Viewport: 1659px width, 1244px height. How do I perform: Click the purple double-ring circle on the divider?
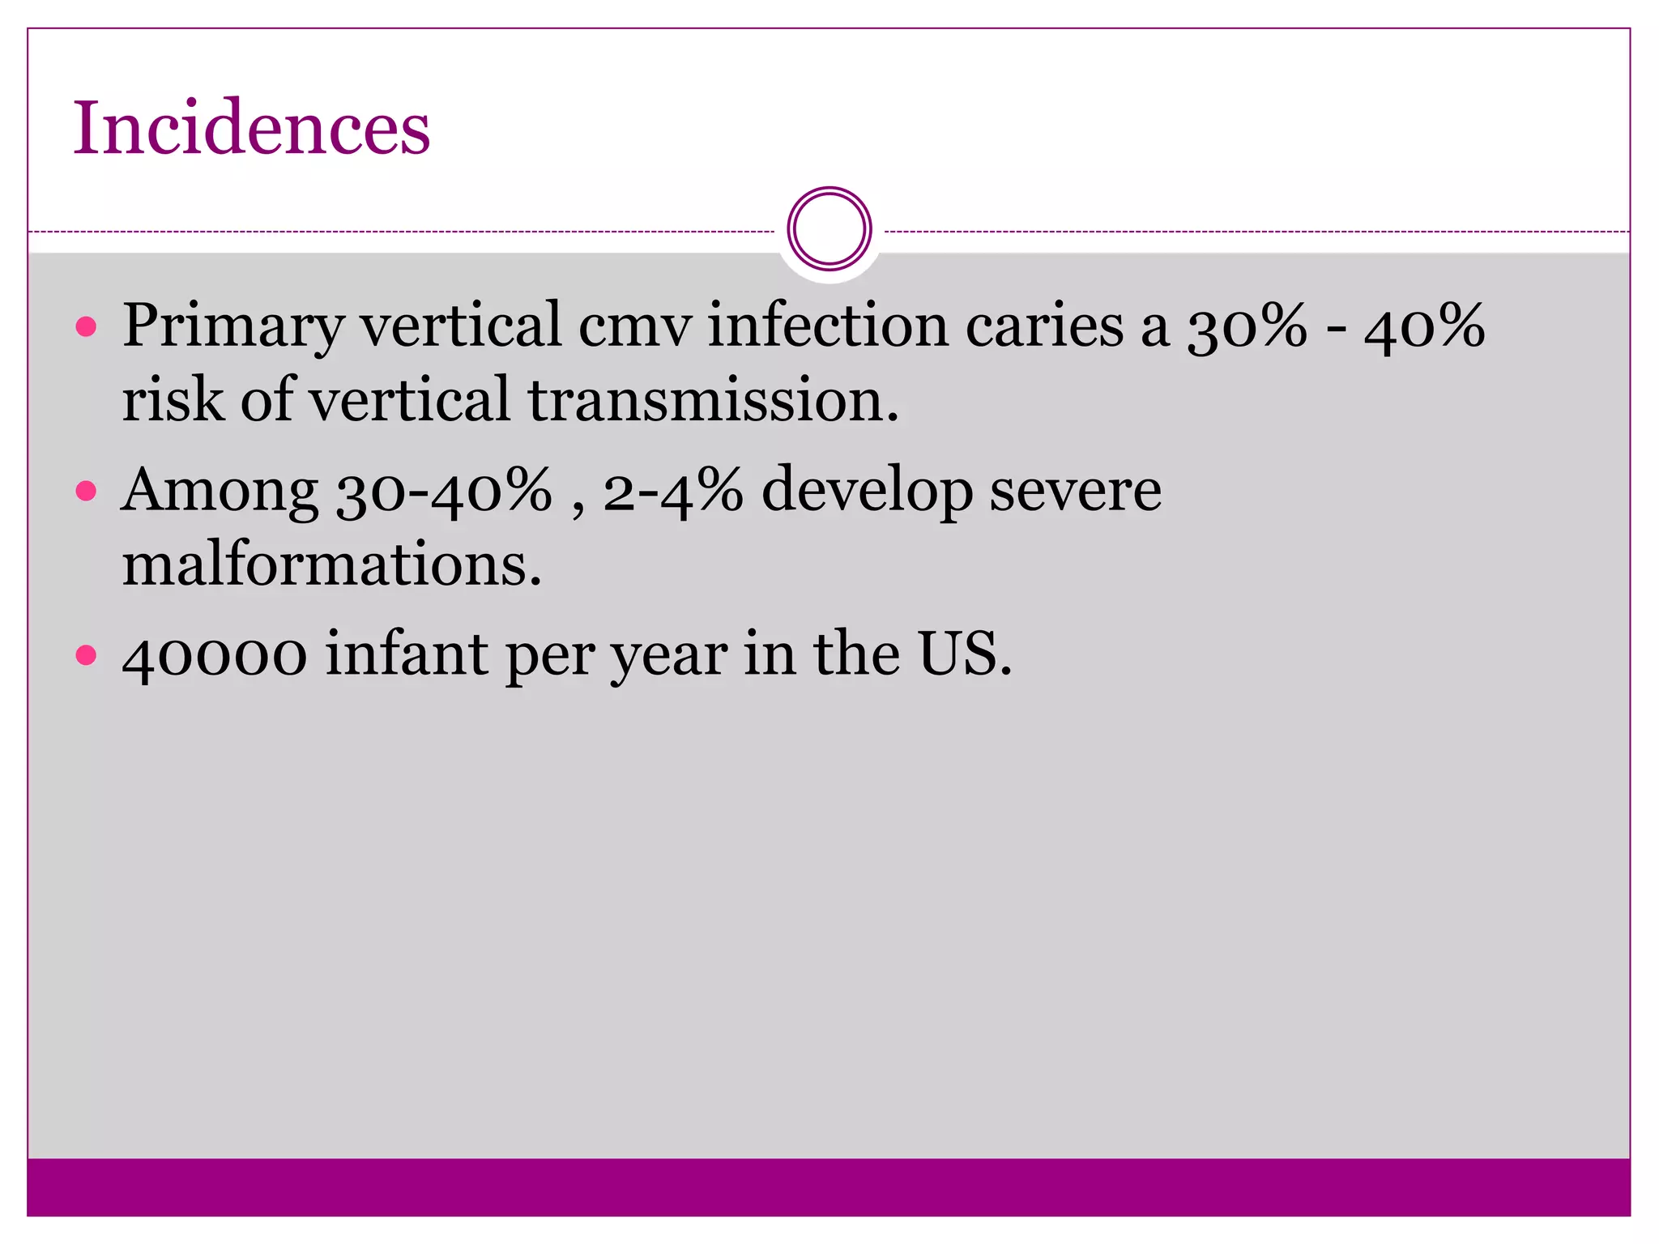[829, 229]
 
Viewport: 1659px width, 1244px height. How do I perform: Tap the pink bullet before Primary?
[86, 327]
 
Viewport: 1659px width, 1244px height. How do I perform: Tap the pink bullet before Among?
[86, 491]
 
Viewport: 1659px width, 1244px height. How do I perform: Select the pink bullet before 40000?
[86, 654]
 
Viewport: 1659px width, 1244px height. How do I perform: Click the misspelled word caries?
[1043, 326]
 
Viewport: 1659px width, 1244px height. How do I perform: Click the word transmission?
[712, 401]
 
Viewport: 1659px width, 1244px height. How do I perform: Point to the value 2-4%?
[672, 491]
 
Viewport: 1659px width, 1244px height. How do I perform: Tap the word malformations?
[331, 564]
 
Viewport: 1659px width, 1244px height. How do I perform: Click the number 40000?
[214, 654]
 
